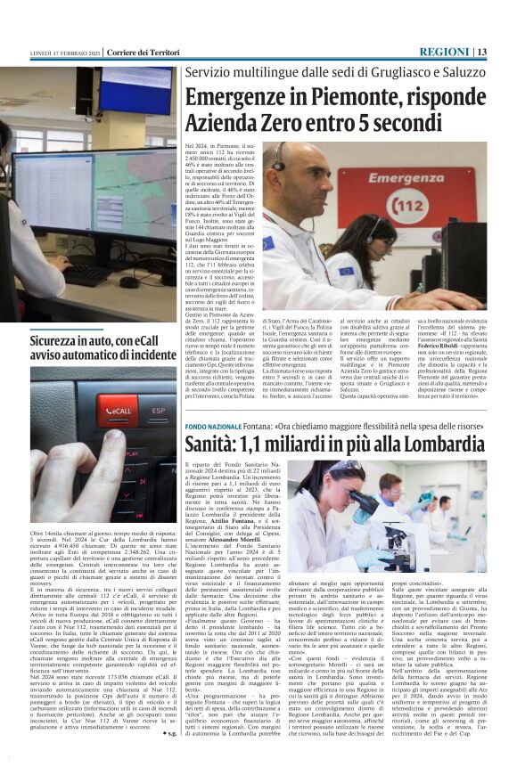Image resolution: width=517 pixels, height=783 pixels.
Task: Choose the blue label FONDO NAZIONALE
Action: tap(213, 428)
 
